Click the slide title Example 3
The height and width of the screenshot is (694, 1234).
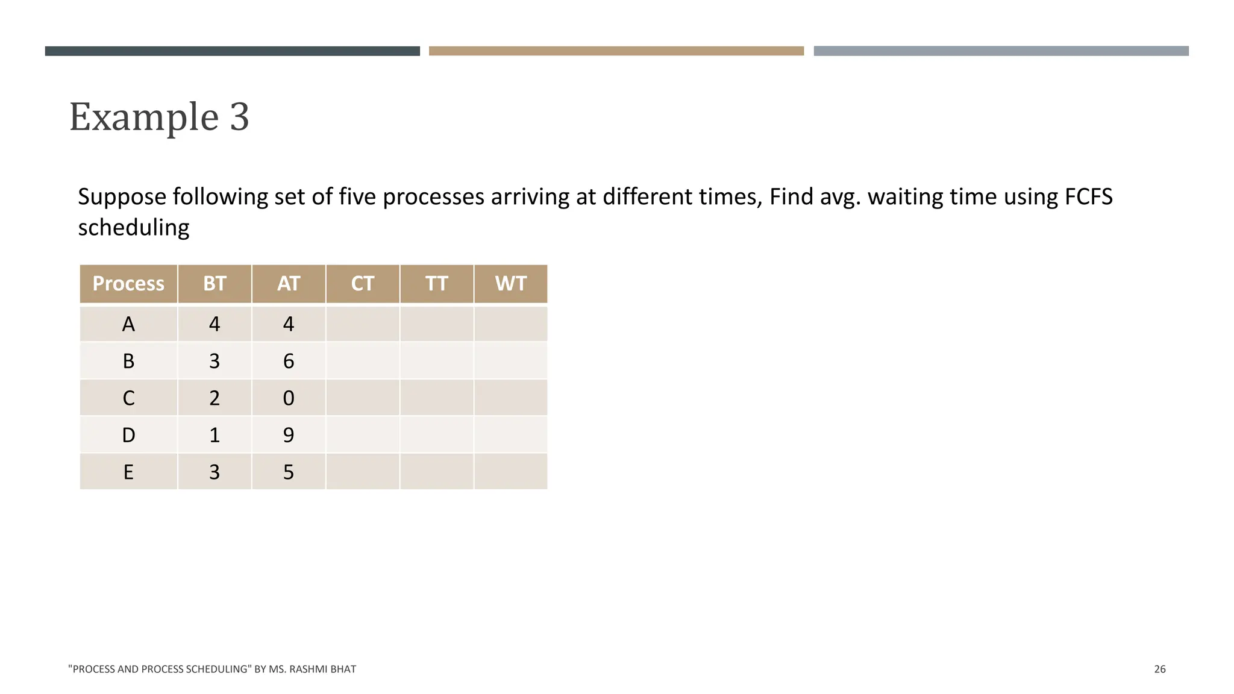[x=159, y=116]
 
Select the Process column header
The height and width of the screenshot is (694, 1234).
[x=128, y=284]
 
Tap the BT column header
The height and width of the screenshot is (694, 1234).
[x=215, y=284]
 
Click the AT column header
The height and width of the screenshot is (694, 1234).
[x=289, y=284]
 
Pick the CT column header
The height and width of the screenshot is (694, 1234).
[x=363, y=284]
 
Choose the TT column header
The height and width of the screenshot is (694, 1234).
[x=437, y=284]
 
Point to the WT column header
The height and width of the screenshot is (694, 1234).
[x=511, y=284]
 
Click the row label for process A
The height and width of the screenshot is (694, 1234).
[x=128, y=324]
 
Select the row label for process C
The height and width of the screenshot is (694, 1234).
[x=128, y=398]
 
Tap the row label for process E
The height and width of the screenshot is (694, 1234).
[x=128, y=472]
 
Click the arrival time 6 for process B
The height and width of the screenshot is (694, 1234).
[x=289, y=361]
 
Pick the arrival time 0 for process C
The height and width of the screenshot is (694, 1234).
[x=289, y=398]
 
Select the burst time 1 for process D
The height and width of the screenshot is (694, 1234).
[x=215, y=435]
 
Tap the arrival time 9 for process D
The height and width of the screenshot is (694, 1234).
[x=289, y=435]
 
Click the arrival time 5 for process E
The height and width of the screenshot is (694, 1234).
[x=289, y=472]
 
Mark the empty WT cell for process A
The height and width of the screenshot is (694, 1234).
[x=511, y=324]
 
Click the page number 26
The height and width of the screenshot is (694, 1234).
[x=1160, y=669]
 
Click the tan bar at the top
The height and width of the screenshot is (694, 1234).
[x=616, y=51]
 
